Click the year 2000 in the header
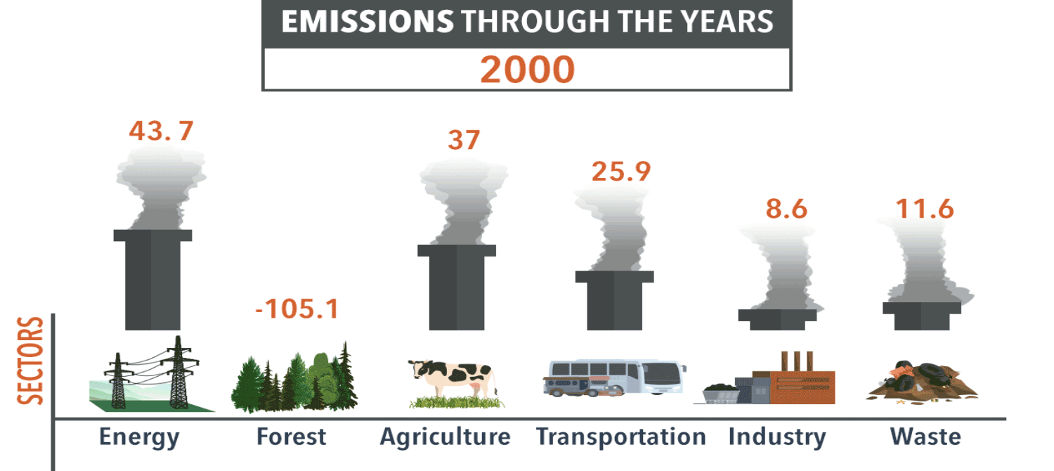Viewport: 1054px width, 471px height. pos(527,70)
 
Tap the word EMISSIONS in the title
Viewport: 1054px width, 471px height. pos(367,22)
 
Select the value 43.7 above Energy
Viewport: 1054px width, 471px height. pos(162,131)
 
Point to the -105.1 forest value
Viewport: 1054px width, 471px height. pos(297,309)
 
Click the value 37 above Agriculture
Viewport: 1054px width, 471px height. pos(464,140)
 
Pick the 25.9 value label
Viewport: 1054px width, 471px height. pos(621,172)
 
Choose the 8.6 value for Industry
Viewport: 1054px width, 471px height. pos(786,209)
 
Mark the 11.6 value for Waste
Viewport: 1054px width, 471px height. pos(925,209)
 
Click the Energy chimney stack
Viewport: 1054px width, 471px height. pos(152,280)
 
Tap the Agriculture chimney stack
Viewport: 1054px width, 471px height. pos(457,288)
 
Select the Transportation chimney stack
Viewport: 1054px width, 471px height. pos(615,301)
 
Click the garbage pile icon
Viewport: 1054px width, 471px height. pos(922,382)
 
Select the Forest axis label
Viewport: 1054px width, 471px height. pos(292,437)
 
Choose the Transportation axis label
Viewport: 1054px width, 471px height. pos(621,437)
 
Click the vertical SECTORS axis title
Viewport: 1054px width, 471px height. pos(31,361)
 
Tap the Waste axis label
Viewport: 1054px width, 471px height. pos(925,437)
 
